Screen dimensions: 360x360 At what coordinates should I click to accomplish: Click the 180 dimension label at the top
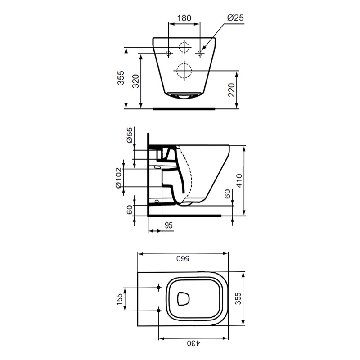pos(184,18)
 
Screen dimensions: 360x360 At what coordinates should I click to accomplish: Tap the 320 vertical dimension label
pos(135,81)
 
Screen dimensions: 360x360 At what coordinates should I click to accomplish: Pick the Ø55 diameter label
pos(130,135)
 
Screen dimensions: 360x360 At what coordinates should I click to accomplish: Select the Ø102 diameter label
pos(118,178)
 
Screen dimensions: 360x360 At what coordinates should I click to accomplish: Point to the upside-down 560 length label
pos(184,259)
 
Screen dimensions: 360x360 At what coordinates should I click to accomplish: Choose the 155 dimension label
pos(119,299)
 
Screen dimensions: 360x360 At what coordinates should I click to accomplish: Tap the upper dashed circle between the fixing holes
pos(184,47)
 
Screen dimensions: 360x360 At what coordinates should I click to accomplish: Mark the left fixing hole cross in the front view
pos(169,54)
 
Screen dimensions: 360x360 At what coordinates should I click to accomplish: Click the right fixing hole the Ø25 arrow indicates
pos(200,54)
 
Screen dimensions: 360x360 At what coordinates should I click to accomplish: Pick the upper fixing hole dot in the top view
pos(158,287)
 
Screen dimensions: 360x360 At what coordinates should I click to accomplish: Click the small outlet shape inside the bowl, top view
pos(184,298)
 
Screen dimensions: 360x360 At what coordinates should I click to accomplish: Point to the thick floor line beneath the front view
pos(184,108)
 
